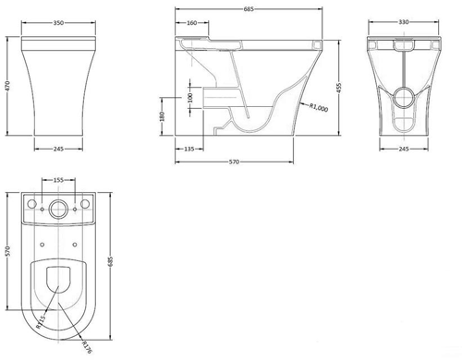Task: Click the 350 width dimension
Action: click(x=58, y=23)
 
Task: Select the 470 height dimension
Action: click(x=8, y=86)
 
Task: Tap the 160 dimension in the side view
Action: click(x=191, y=23)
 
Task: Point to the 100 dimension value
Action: click(x=189, y=98)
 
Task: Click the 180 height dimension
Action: click(x=163, y=116)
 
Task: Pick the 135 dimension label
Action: click(x=189, y=149)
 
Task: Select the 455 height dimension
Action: click(x=339, y=88)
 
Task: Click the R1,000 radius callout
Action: click(x=319, y=107)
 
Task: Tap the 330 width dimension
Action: click(x=404, y=22)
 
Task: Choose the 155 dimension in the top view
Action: click(x=58, y=180)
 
